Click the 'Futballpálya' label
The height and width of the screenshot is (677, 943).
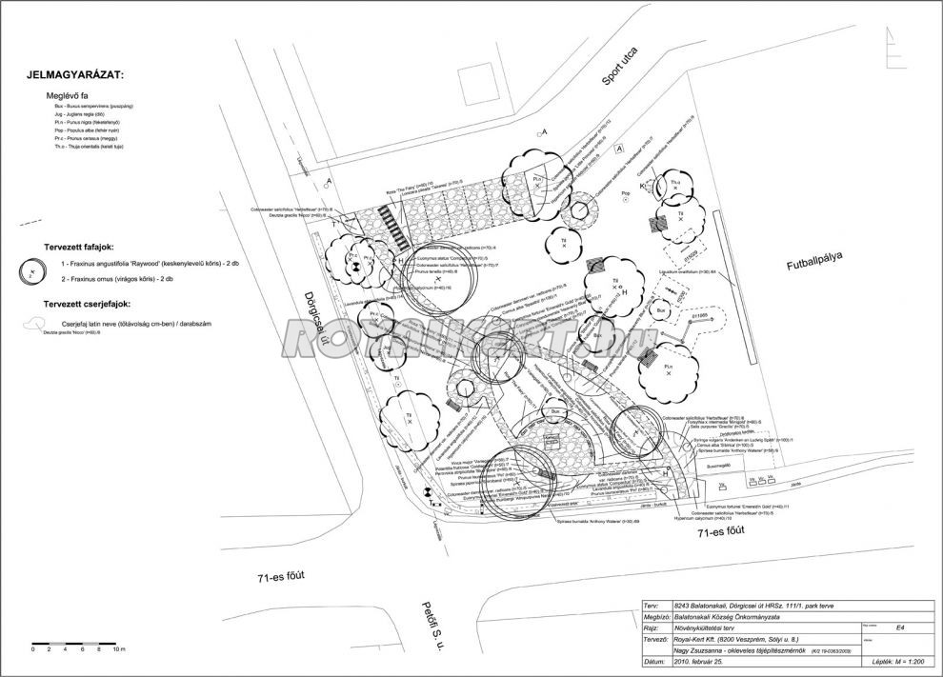[x=817, y=264]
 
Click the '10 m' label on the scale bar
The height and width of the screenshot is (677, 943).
[x=118, y=648]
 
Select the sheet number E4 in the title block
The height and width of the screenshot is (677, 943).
[x=900, y=627]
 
